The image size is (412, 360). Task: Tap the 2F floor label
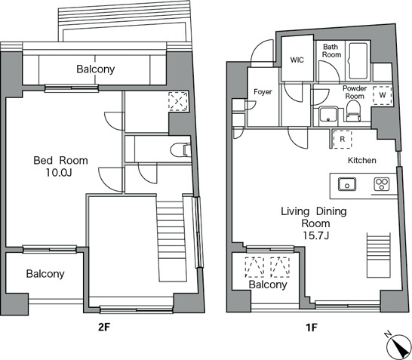(105, 329)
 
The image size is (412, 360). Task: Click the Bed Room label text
(60, 161)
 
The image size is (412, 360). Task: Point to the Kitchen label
(361, 162)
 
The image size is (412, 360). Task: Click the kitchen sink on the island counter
(349, 184)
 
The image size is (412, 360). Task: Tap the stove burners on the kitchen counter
(381, 184)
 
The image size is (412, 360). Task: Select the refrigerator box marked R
(342, 140)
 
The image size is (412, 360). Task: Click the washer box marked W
(383, 97)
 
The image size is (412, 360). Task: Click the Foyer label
(263, 92)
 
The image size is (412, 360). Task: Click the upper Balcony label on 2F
(95, 69)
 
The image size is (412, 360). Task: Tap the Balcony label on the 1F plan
(267, 285)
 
